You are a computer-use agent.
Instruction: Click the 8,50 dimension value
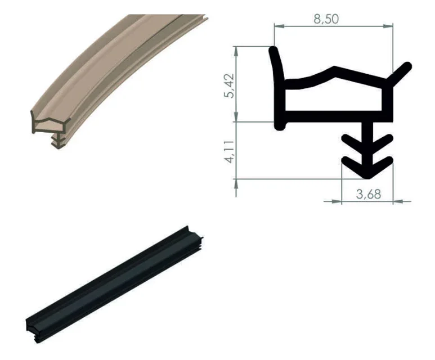(326, 19)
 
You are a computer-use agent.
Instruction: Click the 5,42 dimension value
(230, 85)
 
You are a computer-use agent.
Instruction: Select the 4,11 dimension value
(230, 151)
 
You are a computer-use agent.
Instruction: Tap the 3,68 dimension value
(369, 194)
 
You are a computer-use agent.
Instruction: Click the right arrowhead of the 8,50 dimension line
(388, 26)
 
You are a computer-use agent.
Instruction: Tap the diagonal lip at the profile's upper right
(400, 74)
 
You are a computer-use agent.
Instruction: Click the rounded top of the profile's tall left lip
(274, 50)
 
